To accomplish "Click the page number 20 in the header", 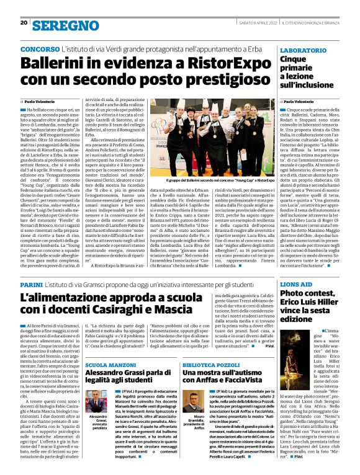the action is point(22,23).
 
